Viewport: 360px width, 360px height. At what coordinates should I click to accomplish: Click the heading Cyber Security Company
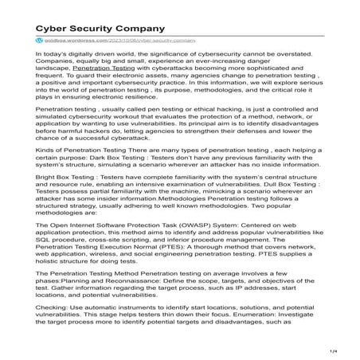pyautogui.click(x=92, y=14)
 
